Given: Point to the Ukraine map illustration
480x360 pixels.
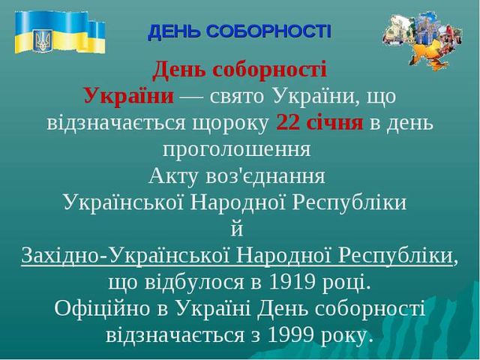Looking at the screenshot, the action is coord(423,39).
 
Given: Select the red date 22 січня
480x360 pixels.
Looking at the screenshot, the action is coord(319,123).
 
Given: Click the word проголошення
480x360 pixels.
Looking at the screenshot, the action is coord(237,150).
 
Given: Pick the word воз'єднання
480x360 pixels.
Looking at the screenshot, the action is coord(265,176).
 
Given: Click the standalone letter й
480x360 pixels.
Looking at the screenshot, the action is coord(237,229).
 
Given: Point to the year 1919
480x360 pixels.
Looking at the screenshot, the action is coord(292,282).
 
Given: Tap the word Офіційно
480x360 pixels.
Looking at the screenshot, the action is coord(103,308).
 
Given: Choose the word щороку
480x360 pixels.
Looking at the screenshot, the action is coord(229,124).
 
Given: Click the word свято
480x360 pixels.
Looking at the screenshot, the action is coord(237,97).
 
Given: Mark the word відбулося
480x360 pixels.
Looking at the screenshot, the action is coord(194,282).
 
